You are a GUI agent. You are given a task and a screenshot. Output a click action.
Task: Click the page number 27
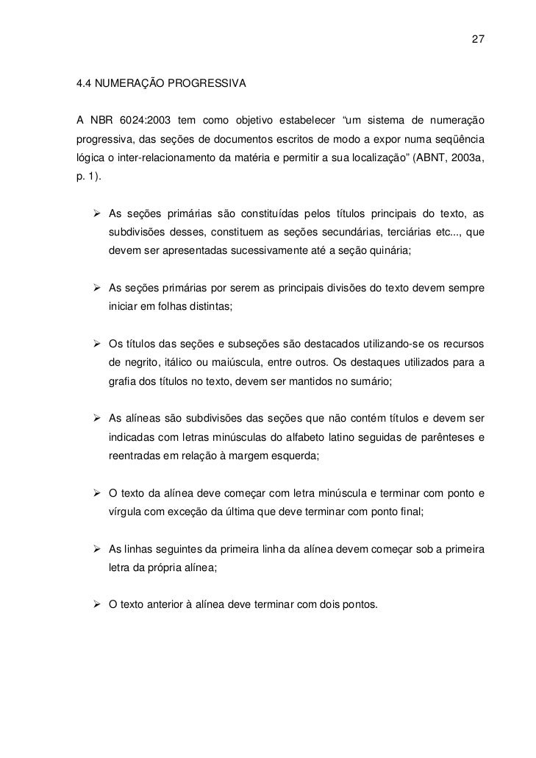477,38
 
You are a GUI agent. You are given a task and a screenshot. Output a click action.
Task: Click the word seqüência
460,140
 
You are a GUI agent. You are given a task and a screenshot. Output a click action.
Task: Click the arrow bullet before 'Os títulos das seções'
96,344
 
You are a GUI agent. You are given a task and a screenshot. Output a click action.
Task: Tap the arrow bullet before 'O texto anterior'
96,606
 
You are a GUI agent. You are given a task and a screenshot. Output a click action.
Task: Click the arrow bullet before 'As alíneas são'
96,419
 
